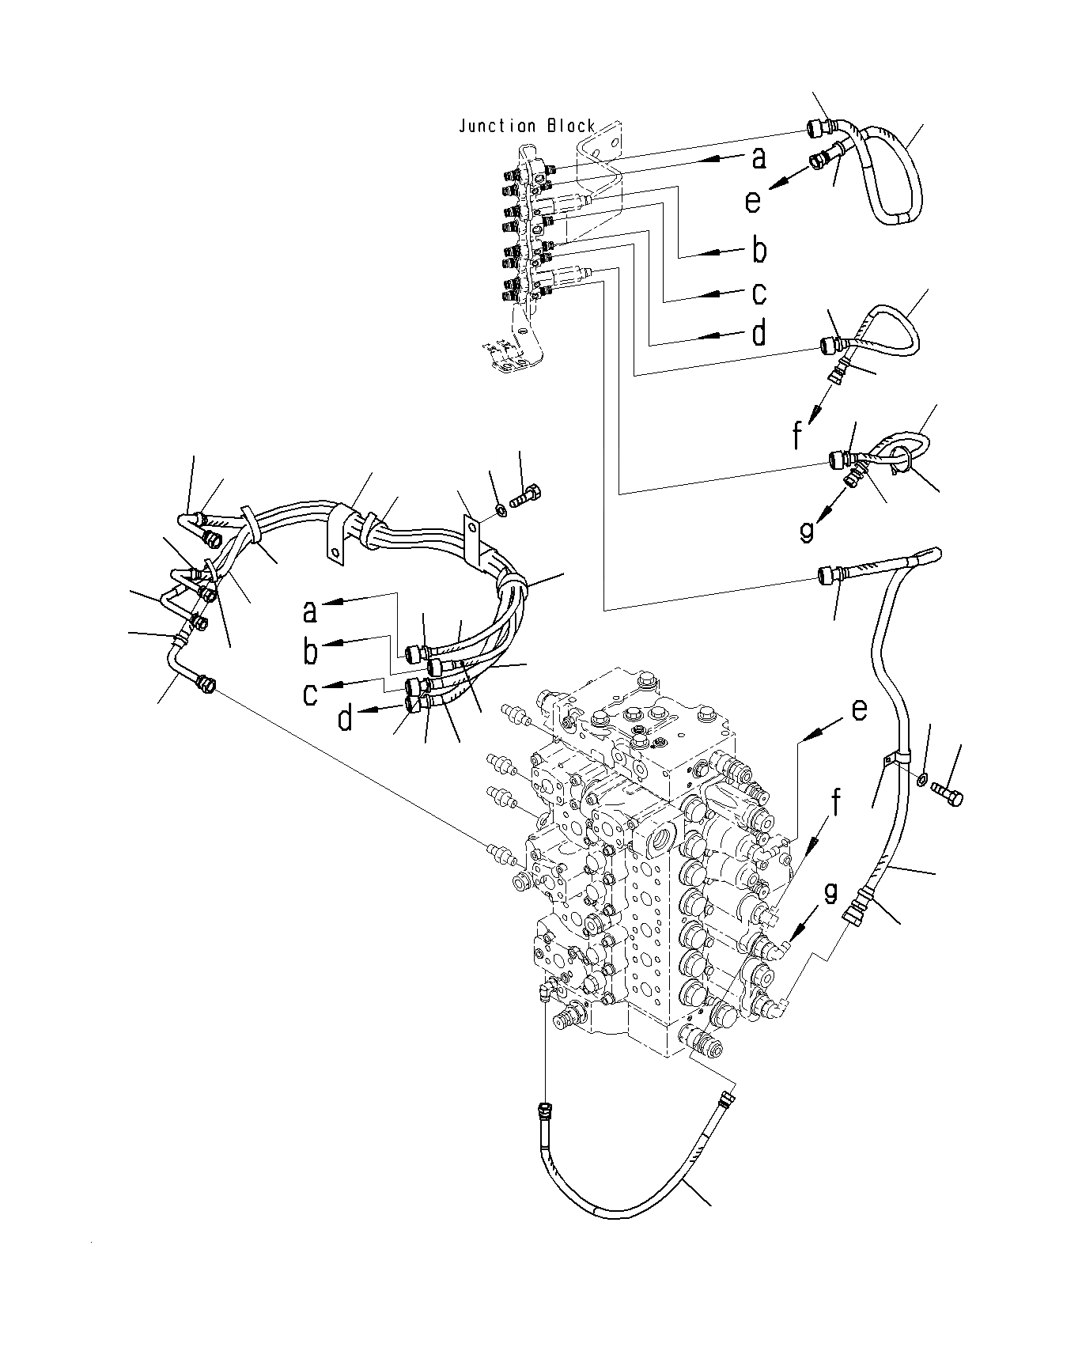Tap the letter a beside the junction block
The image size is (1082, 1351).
pos(759,158)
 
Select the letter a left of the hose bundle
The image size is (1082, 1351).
pos(310,611)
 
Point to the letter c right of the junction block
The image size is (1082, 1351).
pos(759,293)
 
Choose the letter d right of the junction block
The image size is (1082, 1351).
pos(759,333)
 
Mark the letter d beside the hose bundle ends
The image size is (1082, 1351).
pos(346,718)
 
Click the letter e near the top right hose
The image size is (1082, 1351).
pos(752,201)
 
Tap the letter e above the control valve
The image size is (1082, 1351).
pos(859,710)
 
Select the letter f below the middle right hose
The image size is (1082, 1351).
pos(798,434)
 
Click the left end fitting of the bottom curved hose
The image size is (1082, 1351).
pos(543,1111)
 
